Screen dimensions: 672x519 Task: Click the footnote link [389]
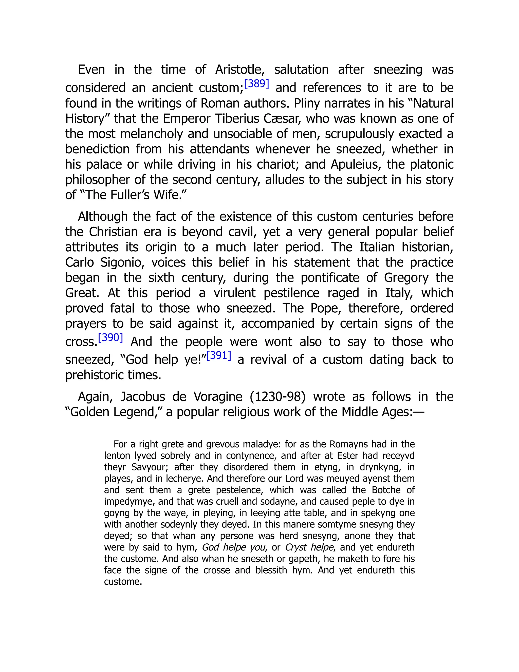[x=256, y=84]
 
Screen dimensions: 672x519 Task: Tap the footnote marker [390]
[x=110, y=338]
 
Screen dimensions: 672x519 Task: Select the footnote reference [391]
[x=219, y=356]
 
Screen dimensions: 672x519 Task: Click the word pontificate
[x=330, y=278]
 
